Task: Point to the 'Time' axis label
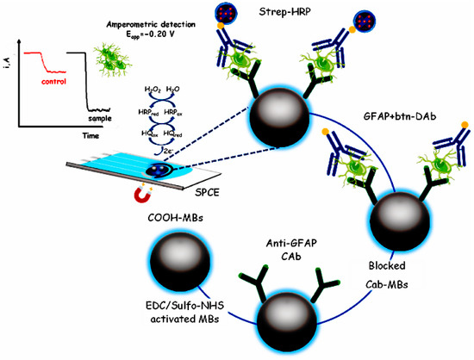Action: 79,136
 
